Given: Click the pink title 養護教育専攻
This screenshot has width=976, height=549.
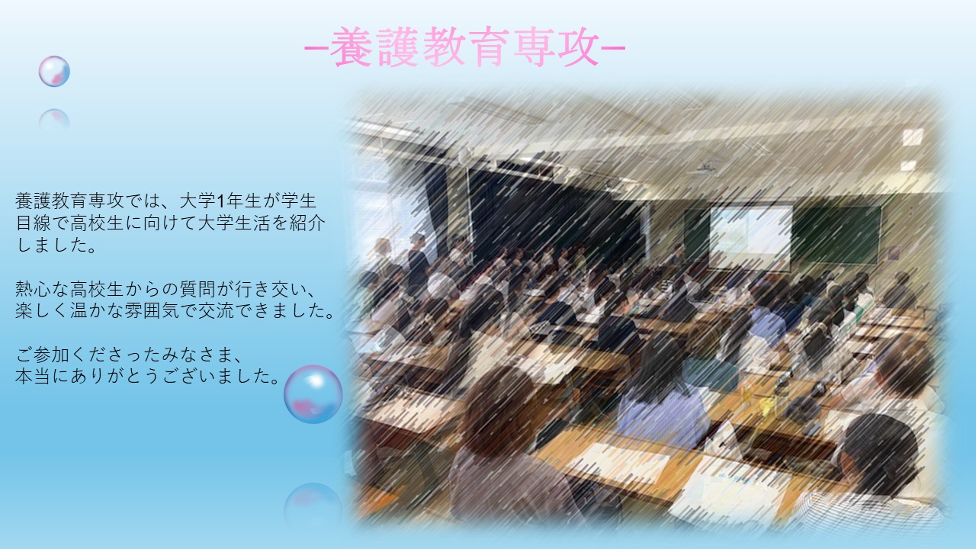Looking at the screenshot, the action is point(464,47).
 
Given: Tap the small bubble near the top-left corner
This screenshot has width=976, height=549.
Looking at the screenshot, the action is point(54,71).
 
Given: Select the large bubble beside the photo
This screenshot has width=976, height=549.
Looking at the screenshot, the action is point(313,394).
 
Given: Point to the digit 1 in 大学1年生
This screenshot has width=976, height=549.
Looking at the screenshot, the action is point(220,201).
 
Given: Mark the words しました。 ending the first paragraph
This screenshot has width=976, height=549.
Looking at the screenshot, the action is point(56,246).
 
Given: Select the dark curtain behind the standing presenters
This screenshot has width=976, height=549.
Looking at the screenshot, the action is point(554,213).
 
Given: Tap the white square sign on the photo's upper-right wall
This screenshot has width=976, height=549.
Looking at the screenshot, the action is point(913,137).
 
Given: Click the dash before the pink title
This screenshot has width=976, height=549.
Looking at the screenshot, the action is point(316,48).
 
